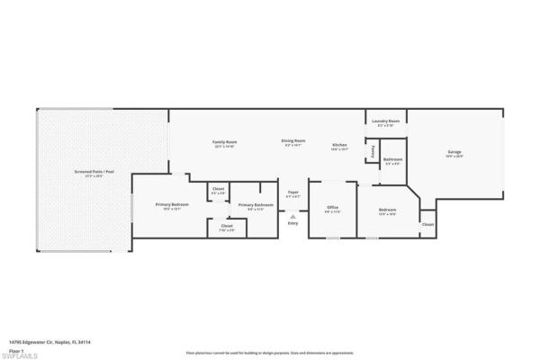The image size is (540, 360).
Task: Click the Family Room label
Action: pos(224,142)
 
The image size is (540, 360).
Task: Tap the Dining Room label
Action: pos(293,140)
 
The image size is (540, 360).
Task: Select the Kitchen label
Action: pos(339,145)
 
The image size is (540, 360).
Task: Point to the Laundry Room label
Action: pos(386,123)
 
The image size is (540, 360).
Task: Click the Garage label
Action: pos(454,152)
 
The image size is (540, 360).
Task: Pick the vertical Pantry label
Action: pos(373,153)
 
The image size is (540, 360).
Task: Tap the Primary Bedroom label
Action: pos(168,204)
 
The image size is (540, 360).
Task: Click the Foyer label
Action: pos(293,193)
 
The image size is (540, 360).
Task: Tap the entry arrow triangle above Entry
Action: pos(293,216)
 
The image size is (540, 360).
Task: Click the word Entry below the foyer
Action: pos(293,223)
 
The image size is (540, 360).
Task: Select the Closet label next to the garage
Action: pos(427,224)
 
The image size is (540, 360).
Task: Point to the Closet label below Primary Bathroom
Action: pos(226,225)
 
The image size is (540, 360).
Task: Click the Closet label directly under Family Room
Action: pos(217,189)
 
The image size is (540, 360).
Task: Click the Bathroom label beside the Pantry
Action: pos(393,159)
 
